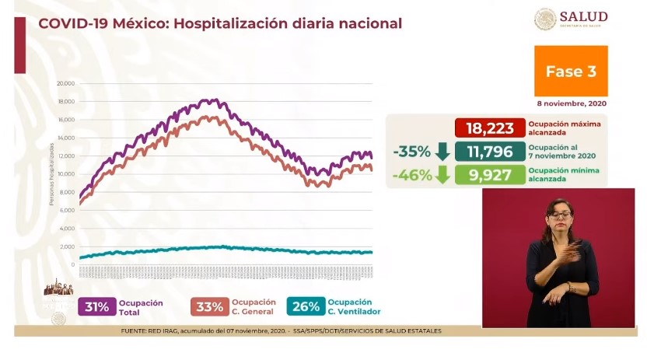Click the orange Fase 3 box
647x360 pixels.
coord(571,71)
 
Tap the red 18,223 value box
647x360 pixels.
coord(489,128)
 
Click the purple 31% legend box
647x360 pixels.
coord(97,306)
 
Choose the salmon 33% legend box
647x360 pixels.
coord(209,306)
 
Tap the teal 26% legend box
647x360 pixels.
coord(306,306)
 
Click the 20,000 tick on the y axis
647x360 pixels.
coord(65,83)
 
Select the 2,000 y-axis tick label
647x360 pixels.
coord(67,246)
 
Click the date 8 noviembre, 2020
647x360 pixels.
coord(572,103)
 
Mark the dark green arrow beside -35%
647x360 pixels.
coord(442,151)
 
